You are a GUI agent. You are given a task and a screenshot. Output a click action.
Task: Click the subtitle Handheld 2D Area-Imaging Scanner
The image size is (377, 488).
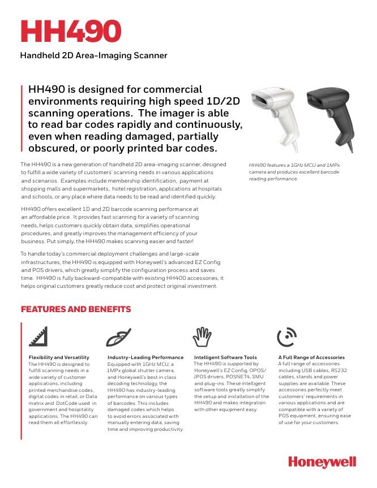coord(93,55)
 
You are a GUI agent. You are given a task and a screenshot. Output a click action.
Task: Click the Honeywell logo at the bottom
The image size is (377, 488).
coord(322,462)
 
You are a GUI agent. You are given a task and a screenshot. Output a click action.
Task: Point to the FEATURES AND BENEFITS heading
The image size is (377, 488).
coord(76,309)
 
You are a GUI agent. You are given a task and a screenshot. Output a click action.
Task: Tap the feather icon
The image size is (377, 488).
coord(118,337)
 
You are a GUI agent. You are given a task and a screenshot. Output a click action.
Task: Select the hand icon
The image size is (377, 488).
coord(202,337)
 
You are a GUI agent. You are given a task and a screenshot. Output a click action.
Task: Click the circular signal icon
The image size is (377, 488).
coord(287,337)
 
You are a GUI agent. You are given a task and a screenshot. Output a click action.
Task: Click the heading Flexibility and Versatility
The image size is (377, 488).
coord(59,357)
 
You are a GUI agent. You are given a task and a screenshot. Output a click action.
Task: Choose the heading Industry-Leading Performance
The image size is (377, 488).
coord(145,357)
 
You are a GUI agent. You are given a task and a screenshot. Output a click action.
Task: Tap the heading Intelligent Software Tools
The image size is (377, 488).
coord(225,357)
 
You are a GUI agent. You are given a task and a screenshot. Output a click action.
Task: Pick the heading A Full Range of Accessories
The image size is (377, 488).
coord(311,357)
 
